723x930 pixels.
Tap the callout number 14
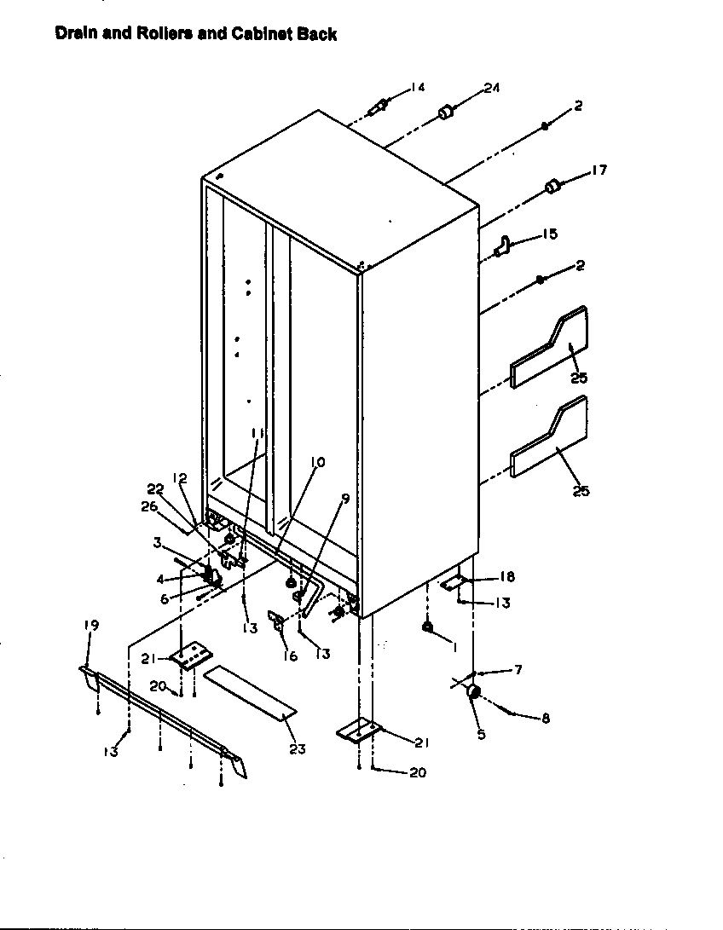point(417,87)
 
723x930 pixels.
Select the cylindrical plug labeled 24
point(445,112)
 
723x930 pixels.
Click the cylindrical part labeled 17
point(552,186)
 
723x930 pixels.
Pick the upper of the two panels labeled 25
point(550,348)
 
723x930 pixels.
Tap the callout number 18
point(507,577)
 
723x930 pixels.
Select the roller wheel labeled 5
point(474,693)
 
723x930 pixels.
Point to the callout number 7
point(517,670)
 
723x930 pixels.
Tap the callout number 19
point(91,625)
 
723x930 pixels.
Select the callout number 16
point(290,656)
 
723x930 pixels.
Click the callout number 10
point(316,462)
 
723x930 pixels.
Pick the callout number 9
point(344,500)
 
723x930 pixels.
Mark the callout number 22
point(154,488)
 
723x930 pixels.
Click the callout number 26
point(148,507)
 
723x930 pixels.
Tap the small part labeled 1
point(426,628)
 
